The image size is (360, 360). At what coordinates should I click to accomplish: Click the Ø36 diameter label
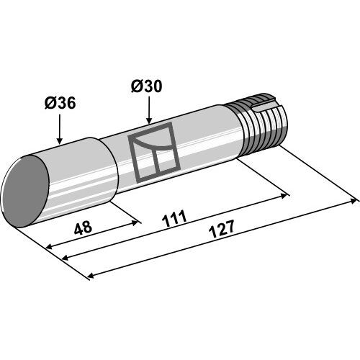point(60,103)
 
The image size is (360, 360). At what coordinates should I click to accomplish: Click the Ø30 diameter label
point(146,86)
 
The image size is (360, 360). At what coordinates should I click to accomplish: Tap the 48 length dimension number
point(83,228)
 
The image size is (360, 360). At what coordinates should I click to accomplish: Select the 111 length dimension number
point(174,219)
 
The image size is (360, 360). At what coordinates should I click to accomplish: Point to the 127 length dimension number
point(222,229)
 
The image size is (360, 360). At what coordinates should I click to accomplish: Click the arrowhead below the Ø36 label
point(59,141)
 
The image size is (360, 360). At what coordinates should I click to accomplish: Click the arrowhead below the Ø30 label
point(149,121)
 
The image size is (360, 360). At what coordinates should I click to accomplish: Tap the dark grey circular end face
point(24,192)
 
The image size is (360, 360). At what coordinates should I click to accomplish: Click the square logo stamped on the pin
point(154,152)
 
